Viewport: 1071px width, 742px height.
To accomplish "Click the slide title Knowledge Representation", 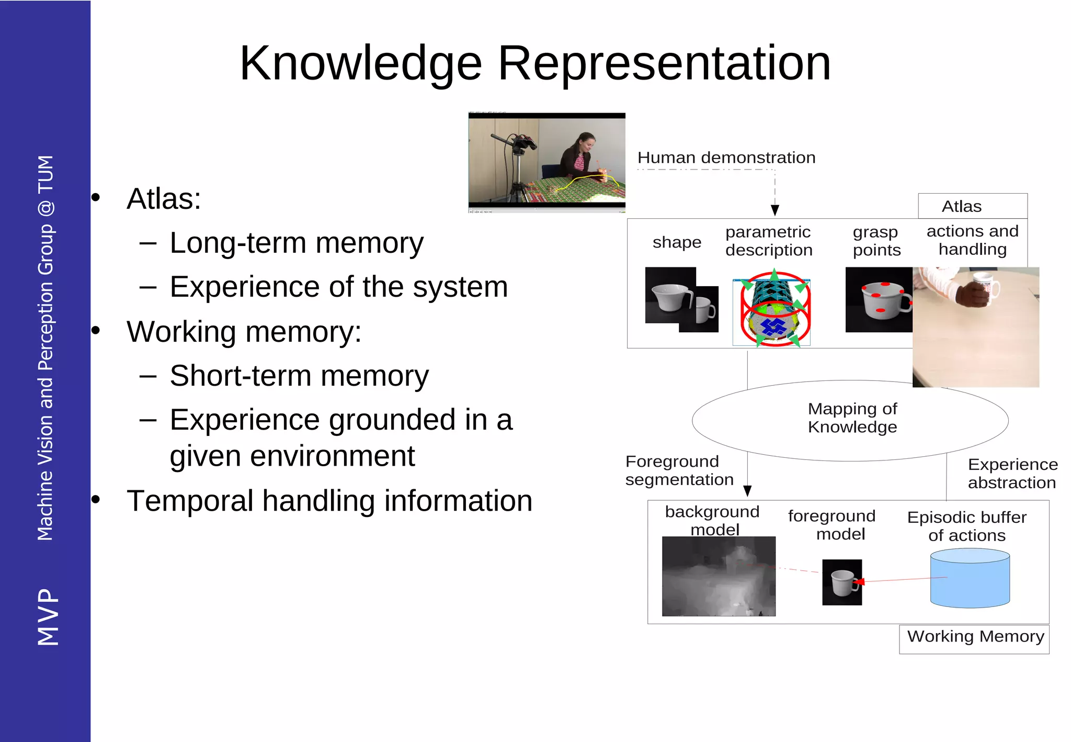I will tap(534, 63).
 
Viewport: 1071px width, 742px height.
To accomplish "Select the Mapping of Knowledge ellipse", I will tap(850, 420).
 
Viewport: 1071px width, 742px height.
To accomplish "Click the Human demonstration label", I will tap(726, 158).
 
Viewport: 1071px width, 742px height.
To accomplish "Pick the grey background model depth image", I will tap(719, 576).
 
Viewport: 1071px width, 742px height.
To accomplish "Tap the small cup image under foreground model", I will tap(842, 582).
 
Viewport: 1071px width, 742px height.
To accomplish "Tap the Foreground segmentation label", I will tap(679, 470).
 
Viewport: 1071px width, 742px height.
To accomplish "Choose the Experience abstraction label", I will tap(1012, 474).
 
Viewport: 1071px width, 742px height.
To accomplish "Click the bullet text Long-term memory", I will tap(296, 243).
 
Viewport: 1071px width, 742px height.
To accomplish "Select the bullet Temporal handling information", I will tap(329, 501).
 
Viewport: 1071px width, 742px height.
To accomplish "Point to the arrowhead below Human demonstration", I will tap(775, 210).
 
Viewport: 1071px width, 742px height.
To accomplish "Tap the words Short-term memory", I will tap(299, 376).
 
